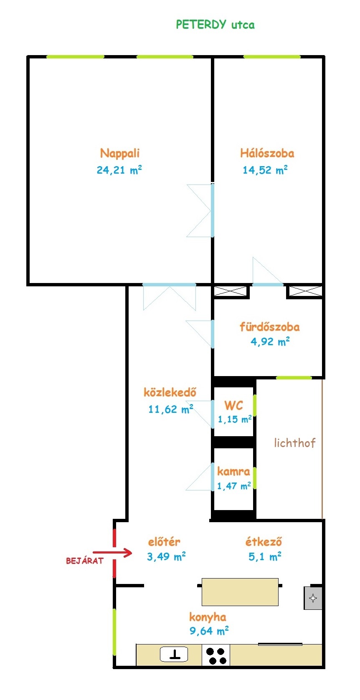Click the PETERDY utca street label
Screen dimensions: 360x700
click(x=215, y=24)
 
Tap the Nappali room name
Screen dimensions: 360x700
click(x=120, y=153)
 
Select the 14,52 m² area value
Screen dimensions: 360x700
click(x=265, y=170)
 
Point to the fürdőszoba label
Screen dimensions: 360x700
click(x=270, y=327)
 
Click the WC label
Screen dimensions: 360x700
click(x=233, y=406)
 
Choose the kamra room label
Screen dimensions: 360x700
click(x=233, y=471)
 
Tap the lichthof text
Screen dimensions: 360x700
click(x=294, y=443)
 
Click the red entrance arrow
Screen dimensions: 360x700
click(x=112, y=553)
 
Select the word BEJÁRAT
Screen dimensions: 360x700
click(x=84, y=561)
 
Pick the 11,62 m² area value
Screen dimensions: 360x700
click(x=170, y=409)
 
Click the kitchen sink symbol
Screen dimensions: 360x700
click(x=174, y=654)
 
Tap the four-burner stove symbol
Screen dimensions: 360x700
click(x=216, y=656)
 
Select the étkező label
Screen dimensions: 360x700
click(x=264, y=541)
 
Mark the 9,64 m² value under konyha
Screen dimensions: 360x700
click(x=209, y=631)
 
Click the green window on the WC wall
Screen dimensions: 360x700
click(x=255, y=405)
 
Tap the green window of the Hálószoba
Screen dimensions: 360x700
click(x=272, y=57)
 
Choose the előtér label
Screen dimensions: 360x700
click(x=164, y=541)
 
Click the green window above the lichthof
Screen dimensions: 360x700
click(x=294, y=378)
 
